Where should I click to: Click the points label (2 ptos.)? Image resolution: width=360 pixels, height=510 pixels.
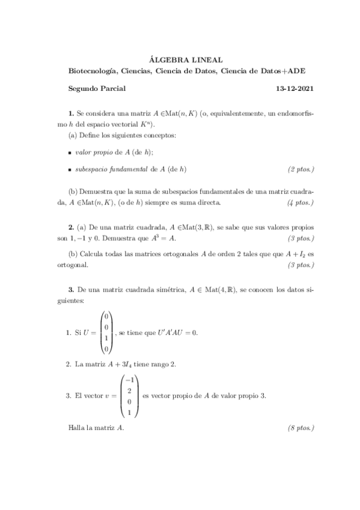pyautogui.click(x=301, y=170)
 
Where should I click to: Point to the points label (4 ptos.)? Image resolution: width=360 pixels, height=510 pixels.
pyautogui.click(x=301, y=202)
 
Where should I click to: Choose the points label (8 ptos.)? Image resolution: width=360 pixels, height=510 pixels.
pyautogui.click(x=301, y=428)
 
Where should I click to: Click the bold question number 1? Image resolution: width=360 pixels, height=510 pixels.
pyautogui.click(x=71, y=113)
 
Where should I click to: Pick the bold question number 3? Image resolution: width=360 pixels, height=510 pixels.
pyautogui.click(x=71, y=290)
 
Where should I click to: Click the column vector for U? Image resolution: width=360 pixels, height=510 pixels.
pyautogui.click(x=106, y=332)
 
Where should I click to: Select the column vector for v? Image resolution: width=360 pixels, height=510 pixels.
pyautogui.click(x=130, y=396)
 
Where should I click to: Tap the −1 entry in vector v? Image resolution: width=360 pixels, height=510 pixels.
pyautogui.click(x=129, y=379)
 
